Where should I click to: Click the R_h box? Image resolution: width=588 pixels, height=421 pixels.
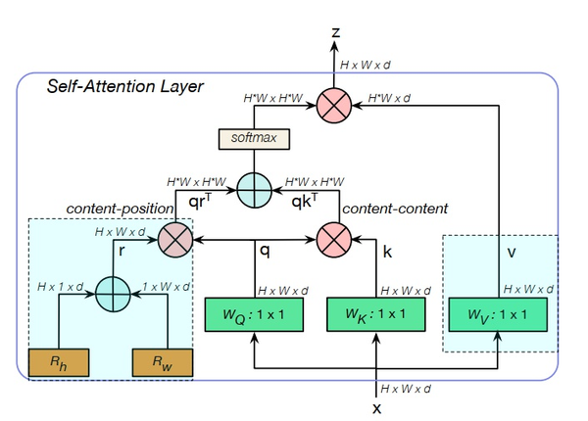60,361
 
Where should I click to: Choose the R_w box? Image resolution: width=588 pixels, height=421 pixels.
162,361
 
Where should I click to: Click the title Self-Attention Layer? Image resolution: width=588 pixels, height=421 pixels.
125,87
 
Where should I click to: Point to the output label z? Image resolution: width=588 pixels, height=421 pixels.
336,32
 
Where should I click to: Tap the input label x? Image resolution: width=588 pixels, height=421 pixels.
377,407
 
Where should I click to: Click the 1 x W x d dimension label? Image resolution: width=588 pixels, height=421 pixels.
162,287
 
